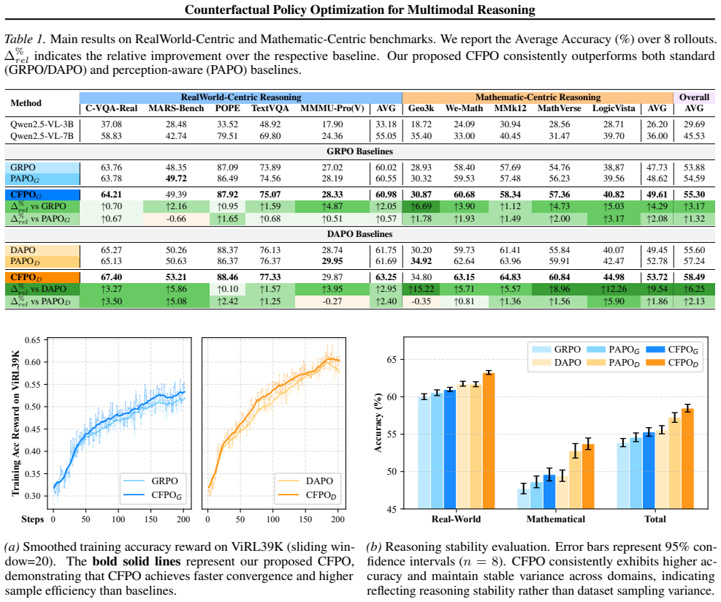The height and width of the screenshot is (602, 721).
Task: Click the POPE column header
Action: point(228,108)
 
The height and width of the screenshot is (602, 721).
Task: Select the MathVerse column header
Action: point(559,108)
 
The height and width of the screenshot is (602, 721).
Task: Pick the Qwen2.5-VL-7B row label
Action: point(42,136)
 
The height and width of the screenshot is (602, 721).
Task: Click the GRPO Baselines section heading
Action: point(360,151)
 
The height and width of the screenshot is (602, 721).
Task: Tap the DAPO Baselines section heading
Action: point(360,234)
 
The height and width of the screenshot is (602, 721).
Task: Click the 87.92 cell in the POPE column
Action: point(228,195)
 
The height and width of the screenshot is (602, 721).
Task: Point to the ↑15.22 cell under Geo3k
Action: point(421,289)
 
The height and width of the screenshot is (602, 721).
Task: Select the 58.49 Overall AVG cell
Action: point(694,276)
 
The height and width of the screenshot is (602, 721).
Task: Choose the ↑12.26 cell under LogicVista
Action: point(614,289)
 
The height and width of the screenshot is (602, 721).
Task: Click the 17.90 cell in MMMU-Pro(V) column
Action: point(332,124)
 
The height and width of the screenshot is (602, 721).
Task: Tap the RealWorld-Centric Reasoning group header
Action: point(241,97)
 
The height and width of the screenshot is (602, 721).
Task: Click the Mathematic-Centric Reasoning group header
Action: point(538,97)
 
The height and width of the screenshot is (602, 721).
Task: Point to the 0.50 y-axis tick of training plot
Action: point(33,407)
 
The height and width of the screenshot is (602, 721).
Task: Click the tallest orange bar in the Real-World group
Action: point(488,441)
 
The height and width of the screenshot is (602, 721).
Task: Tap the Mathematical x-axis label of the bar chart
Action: point(555,519)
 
